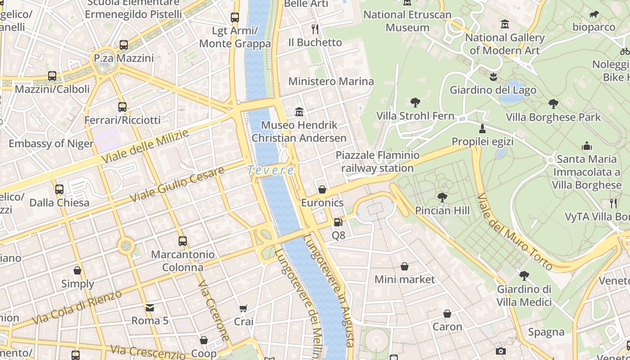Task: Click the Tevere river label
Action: click(270, 171)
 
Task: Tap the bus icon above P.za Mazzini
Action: click(124, 45)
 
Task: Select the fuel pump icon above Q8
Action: click(338, 222)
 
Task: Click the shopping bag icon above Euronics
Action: click(322, 189)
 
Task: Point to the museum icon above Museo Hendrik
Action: click(299, 112)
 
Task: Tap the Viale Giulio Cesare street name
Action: click(177, 184)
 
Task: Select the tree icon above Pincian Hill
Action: click(442, 197)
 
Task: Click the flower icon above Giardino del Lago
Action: click(493, 76)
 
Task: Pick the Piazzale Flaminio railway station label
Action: click(377, 162)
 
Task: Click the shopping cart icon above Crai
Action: click(243, 309)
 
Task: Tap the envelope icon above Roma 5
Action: click(149, 308)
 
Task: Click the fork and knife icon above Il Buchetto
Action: click(315, 29)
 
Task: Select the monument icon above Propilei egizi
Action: click(482, 129)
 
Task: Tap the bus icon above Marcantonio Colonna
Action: click(182, 241)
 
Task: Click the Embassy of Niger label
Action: click(51, 144)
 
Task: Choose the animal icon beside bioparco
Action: click(594, 14)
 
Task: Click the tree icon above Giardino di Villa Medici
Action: click(524, 276)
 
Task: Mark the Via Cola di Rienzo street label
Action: click(77, 307)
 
